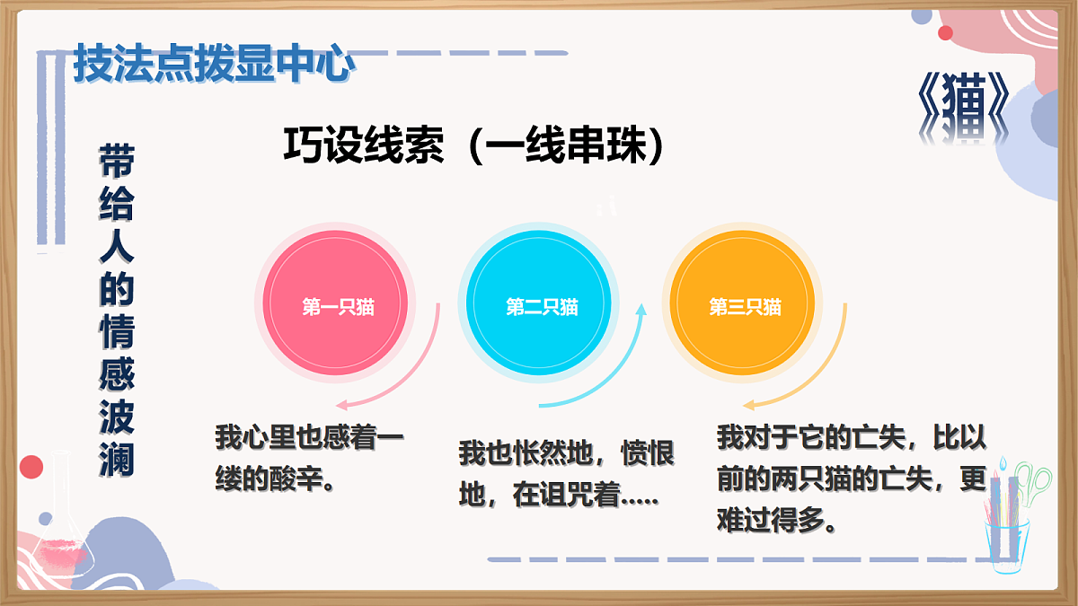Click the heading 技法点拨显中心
[x=212, y=63]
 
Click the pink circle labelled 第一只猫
[x=337, y=306]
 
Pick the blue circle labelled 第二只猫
[x=541, y=306]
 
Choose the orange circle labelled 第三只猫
[x=745, y=306]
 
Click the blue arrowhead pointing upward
[x=641, y=311]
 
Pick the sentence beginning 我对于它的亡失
[x=851, y=479]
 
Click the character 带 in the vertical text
[x=116, y=162]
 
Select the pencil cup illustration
[x=1010, y=521]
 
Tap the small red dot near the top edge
[x=945, y=33]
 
